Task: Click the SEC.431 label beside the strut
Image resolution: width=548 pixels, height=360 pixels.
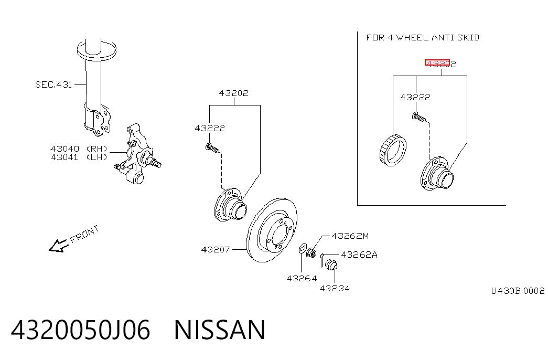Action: coord(53,84)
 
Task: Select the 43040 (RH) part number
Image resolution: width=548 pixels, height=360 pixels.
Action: coord(79,149)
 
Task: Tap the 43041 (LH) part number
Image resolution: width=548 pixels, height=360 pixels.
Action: coord(79,157)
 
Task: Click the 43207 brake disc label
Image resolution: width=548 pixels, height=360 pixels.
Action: coord(216,249)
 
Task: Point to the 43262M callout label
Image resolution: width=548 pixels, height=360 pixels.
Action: coord(350,236)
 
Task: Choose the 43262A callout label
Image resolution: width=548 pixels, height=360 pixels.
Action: coord(359,255)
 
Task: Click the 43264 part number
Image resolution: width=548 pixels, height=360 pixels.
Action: coord(302,279)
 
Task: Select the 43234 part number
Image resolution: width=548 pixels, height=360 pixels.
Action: coord(335,289)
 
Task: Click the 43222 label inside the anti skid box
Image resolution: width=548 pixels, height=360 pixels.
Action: coord(415,97)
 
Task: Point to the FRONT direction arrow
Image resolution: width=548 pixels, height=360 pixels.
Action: coord(58,246)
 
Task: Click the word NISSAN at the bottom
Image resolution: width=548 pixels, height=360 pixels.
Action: coord(220,330)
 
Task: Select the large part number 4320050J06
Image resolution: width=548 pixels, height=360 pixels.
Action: coord(81,330)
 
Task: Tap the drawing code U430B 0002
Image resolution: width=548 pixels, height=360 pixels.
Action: coord(518,291)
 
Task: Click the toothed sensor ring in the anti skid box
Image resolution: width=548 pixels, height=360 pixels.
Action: coord(392,151)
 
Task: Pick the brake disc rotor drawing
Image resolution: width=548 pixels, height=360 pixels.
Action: coord(272,230)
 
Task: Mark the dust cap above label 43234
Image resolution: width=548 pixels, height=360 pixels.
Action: coord(331,264)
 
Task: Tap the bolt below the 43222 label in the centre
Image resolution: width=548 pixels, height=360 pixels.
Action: coord(212,149)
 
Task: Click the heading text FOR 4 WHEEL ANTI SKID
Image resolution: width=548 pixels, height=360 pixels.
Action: coord(423,37)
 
